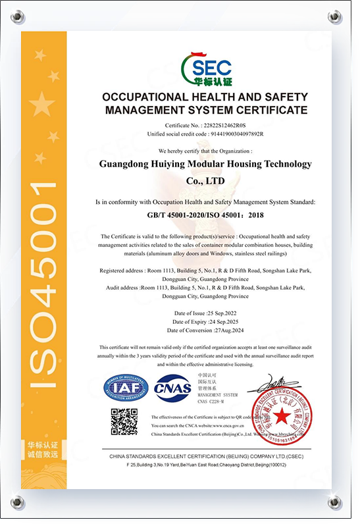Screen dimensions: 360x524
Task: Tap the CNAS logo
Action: point(172,388)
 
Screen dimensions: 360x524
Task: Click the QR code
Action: point(124,422)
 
